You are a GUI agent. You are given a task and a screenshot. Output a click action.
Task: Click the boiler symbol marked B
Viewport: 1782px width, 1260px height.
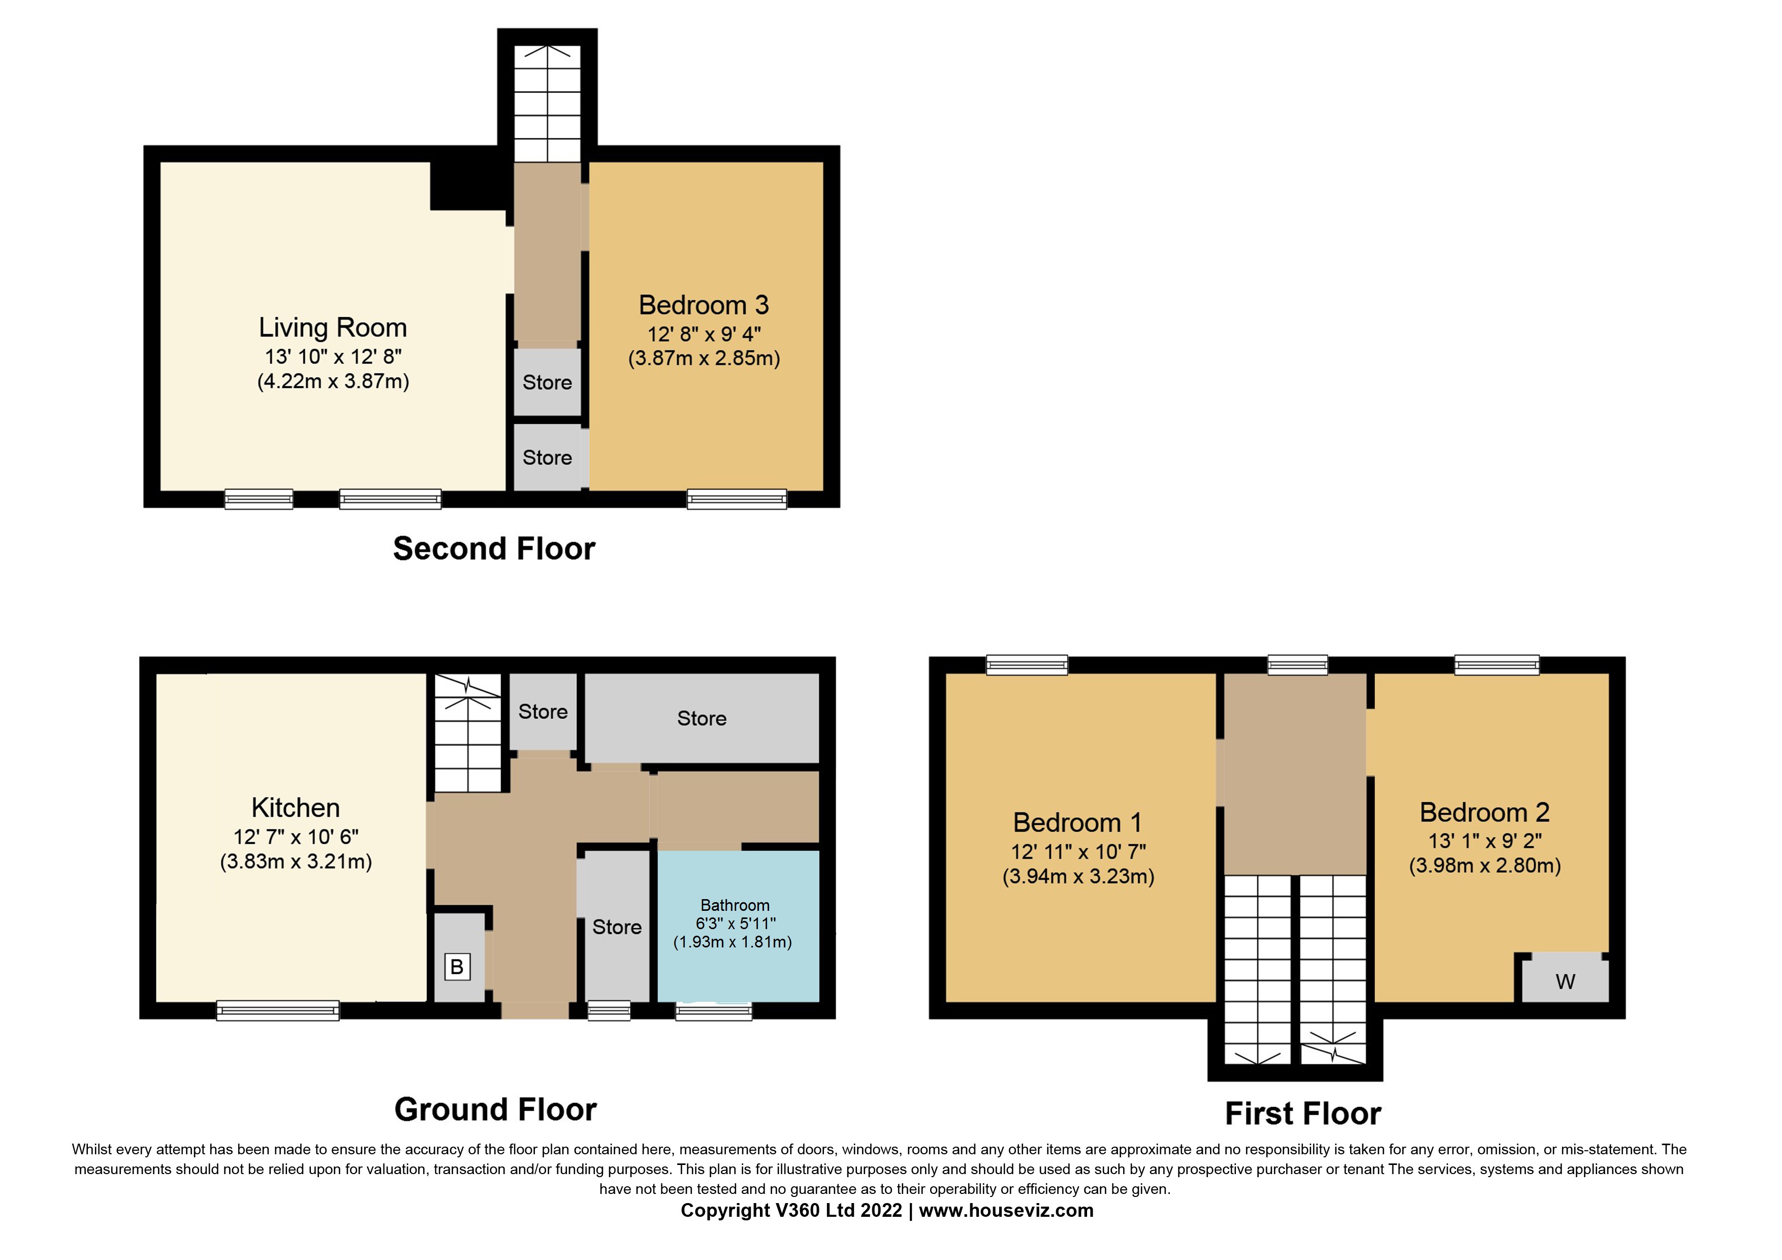[457, 967]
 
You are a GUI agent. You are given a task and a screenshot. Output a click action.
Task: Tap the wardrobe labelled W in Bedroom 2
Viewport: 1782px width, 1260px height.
[1565, 981]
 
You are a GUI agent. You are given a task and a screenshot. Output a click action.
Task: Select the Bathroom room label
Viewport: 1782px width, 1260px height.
[734, 905]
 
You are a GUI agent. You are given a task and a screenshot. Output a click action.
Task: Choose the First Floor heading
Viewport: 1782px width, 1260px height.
[1302, 1113]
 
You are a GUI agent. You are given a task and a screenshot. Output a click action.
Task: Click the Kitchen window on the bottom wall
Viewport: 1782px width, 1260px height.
[278, 1010]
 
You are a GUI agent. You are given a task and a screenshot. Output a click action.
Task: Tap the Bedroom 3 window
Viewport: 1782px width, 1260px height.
[737, 499]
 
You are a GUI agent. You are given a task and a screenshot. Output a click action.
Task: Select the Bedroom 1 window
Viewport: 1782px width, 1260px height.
[1027, 664]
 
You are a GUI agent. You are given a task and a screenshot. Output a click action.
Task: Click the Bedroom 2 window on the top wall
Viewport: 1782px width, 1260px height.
[1497, 664]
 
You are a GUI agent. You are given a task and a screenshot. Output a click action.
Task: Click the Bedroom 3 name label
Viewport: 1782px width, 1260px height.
[703, 305]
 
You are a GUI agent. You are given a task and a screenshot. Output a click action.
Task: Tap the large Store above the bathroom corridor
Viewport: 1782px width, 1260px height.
[702, 718]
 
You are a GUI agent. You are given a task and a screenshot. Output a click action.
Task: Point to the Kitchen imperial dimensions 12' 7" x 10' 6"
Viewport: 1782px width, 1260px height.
[296, 837]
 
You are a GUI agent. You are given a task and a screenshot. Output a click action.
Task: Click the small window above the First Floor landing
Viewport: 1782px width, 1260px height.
[1297, 664]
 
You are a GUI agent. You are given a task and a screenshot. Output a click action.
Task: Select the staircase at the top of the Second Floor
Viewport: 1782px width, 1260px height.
[547, 103]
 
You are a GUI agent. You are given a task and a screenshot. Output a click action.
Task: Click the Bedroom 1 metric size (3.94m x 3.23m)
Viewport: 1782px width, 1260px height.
[1078, 876]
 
